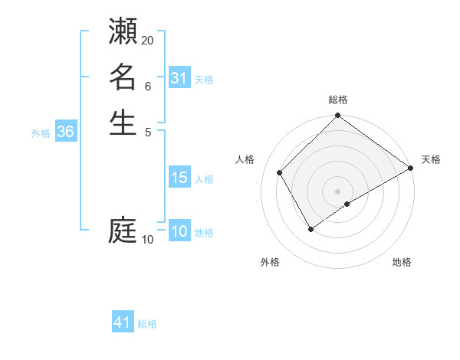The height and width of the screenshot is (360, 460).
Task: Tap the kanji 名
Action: click(123, 77)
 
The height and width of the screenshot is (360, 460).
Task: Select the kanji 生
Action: click(123, 123)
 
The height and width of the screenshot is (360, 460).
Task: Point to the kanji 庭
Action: click(123, 230)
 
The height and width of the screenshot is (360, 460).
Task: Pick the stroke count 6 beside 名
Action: click(148, 87)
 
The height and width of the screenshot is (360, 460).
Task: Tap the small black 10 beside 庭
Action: click(148, 240)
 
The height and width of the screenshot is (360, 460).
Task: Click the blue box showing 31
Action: click(179, 78)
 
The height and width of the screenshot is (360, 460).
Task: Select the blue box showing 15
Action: click(179, 178)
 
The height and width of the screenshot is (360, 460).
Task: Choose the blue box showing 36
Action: click(66, 132)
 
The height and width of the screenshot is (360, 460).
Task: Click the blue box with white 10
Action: click(179, 232)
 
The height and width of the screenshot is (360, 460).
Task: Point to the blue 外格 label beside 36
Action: click(41, 133)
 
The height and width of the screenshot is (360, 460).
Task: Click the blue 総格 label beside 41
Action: click(147, 324)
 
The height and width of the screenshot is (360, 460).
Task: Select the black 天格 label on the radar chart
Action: click(431, 159)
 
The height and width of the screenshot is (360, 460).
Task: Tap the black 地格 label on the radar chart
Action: click(402, 263)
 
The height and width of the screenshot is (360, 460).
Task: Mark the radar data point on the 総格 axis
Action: click(337, 116)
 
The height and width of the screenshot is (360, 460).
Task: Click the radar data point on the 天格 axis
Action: click(410, 168)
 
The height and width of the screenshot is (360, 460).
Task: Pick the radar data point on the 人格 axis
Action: click(280, 173)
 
